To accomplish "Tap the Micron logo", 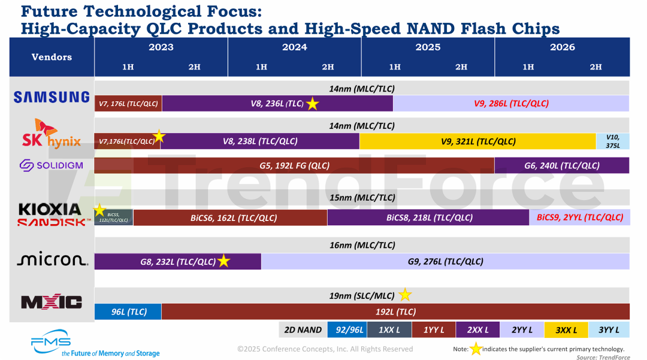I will [53, 259].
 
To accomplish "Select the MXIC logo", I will [52, 302].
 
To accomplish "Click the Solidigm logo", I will [52, 165].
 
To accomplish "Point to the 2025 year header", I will [428, 47].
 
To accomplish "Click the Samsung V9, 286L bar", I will [511, 103].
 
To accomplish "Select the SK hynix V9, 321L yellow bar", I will [477, 141].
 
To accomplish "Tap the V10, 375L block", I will [612, 141].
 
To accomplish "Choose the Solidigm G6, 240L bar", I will [561, 165].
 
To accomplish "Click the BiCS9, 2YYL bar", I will [579, 217].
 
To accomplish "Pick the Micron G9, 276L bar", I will [445, 261].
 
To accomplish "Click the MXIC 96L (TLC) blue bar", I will [128, 311].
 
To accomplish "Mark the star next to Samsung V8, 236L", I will [313, 104].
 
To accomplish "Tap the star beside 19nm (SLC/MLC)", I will [406, 295].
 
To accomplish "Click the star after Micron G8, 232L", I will [223, 261].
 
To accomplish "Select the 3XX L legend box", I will [566, 329].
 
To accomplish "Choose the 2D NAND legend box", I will [302, 329].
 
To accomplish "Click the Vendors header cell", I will [52, 57].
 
